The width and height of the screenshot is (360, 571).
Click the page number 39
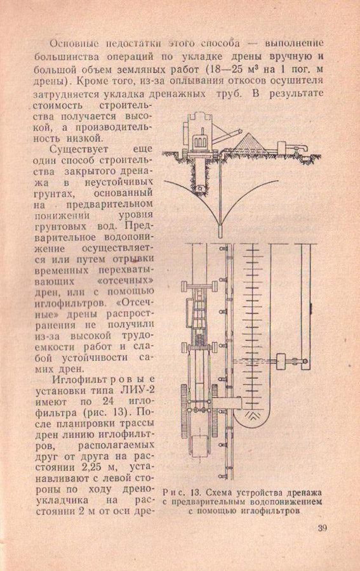(x=322, y=528)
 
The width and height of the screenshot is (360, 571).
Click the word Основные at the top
(x=74, y=44)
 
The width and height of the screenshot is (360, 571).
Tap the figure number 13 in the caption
(x=196, y=493)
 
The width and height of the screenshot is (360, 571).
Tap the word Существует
(x=79, y=149)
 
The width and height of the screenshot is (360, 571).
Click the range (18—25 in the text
(x=225, y=69)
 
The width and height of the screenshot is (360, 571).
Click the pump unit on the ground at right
(x=292, y=148)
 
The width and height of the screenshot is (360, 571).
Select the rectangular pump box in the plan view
(x=281, y=362)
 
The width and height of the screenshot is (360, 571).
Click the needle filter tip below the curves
(x=220, y=230)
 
